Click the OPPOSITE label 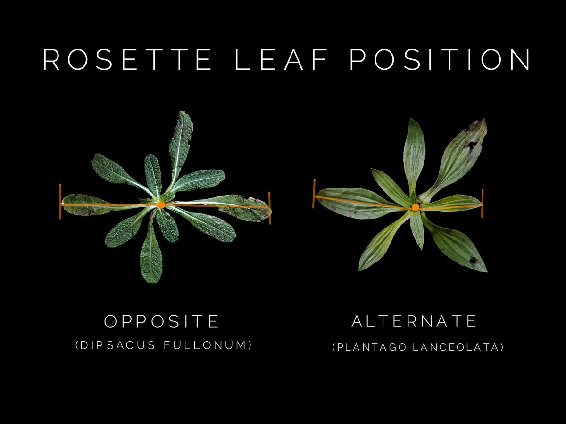(162, 321)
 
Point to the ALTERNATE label (415, 321)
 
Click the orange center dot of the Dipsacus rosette (161, 204)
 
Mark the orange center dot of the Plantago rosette (415, 207)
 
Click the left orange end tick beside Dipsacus (60, 201)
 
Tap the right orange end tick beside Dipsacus (269, 208)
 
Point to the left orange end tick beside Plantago (314, 194)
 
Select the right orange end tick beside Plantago (482, 203)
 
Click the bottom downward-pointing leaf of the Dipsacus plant (151, 257)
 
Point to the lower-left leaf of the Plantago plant (380, 245)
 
